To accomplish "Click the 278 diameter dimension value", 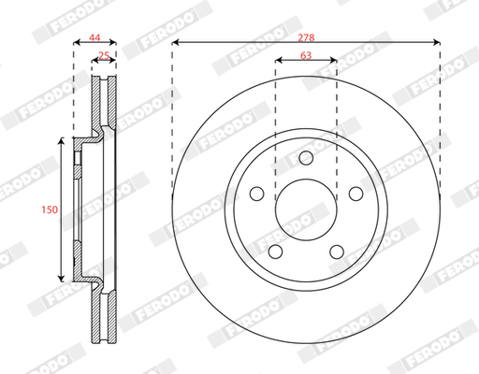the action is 306,37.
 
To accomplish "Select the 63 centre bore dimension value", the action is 306,55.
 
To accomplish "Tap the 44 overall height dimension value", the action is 94,37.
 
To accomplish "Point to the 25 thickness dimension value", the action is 104,55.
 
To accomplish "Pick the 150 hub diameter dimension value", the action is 50,209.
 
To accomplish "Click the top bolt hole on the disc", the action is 306,158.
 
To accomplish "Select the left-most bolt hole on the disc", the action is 257,194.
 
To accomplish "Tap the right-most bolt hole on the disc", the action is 356,194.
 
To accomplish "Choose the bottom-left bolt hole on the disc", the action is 275,252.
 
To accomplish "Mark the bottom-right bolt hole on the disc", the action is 337,252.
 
